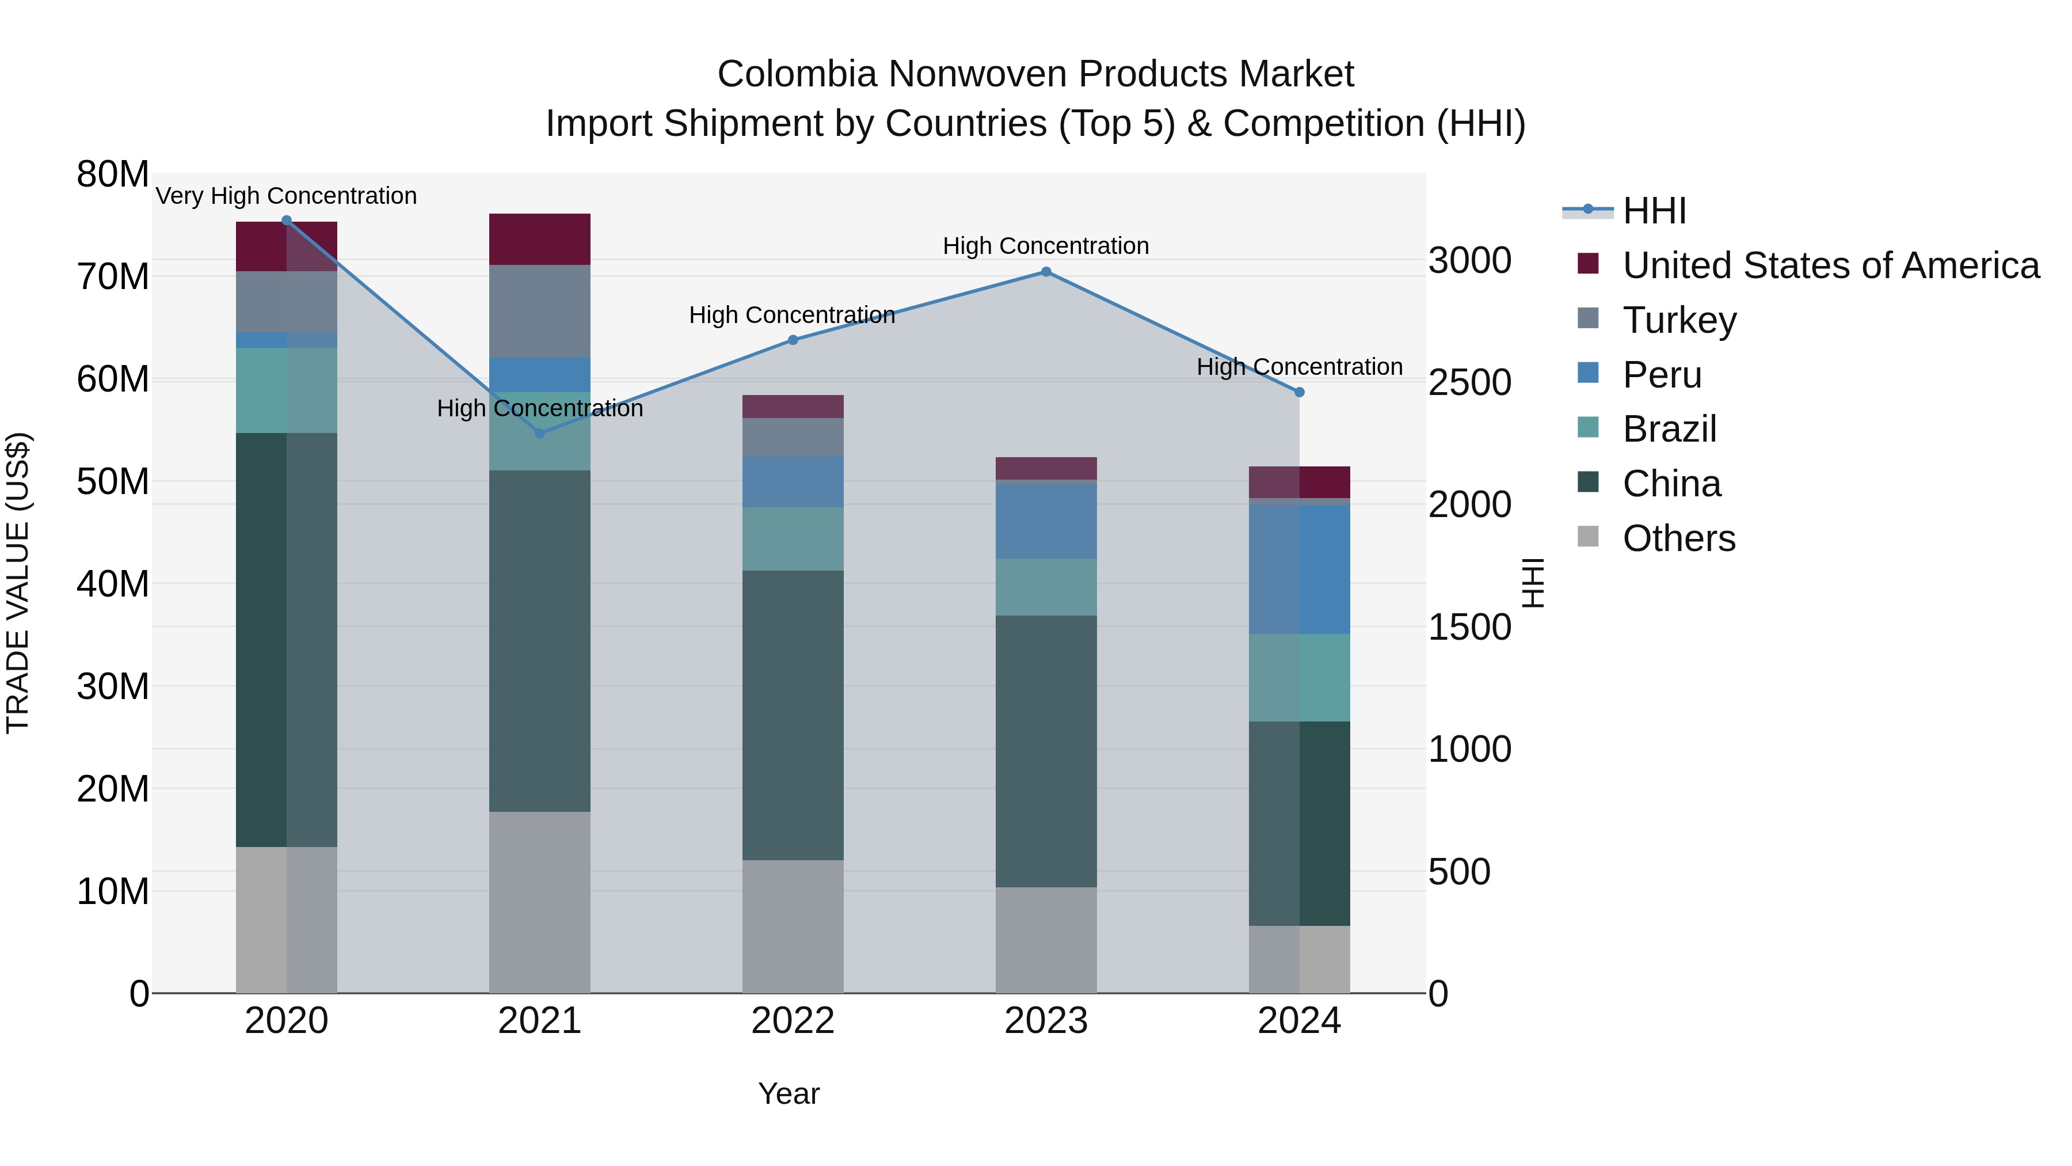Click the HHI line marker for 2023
[1046, 272]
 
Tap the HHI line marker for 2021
[540, 434]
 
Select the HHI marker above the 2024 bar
[1299, 393]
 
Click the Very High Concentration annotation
[287, 196]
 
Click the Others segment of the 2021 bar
[540, 901]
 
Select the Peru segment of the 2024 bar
[1299, 569]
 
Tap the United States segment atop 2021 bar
[540, 239]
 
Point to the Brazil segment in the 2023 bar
[1046, 587]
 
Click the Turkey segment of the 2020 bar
[287, 301]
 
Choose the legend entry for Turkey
[1679, 320]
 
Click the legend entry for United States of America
[1830, 265]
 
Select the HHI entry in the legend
[1654, 211]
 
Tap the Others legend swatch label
[1679, 538]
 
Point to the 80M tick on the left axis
[113, 174]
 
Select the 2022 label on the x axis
[793, 1021]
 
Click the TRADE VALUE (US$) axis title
[18, 583]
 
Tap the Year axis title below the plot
[789, 1093]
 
